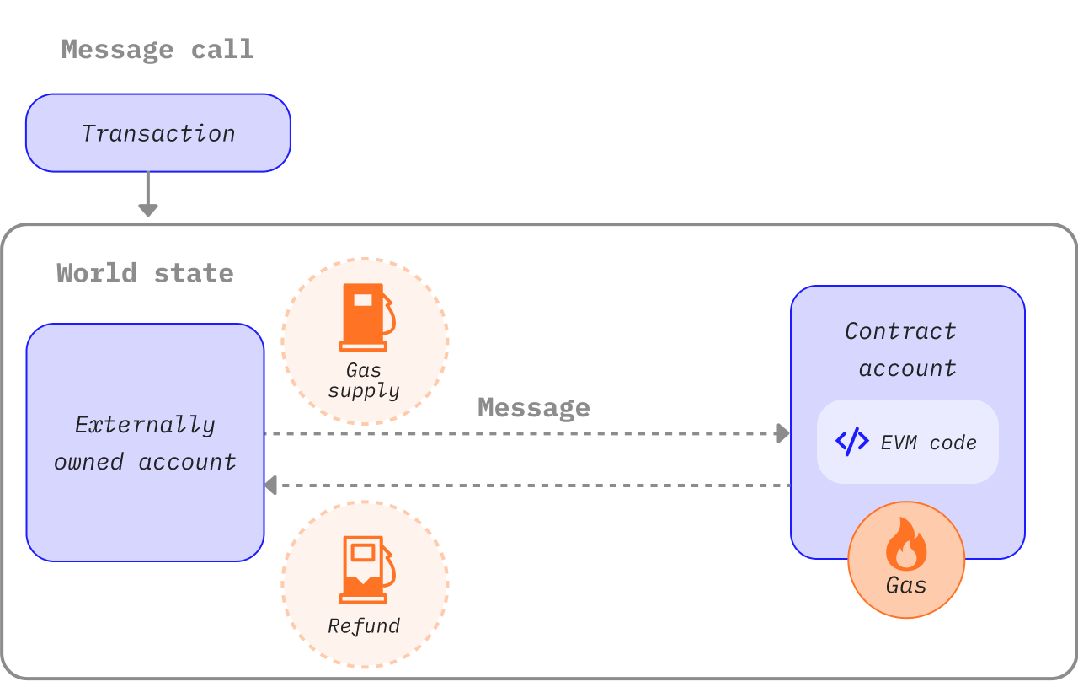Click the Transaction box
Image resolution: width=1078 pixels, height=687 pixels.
coord(158,133)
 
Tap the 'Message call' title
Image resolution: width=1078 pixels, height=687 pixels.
coord(157,49)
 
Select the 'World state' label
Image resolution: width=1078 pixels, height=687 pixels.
coord(145,273)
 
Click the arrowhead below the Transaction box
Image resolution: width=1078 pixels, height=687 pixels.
coord(148,210)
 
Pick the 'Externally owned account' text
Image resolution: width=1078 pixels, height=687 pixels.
coord(145,443)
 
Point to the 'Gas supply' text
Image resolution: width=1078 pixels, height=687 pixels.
coord(364,380)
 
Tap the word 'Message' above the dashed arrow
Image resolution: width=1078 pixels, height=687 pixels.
coord(533,407)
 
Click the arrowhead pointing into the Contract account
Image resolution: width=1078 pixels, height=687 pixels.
coord(783,433)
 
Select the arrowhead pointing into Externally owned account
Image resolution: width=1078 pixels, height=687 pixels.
coord(271,485)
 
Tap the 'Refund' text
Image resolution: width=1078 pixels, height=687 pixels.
coord(364,625)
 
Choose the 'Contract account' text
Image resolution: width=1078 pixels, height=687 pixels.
coord(901,349)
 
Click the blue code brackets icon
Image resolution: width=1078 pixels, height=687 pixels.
coord(851,441)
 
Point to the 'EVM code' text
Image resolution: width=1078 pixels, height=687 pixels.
coord(928,443)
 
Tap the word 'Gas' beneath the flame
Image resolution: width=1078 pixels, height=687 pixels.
coord(906,585)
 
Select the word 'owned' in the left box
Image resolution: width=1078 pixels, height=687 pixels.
coord(89,462)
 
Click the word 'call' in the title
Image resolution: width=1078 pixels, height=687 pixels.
coord(222,49)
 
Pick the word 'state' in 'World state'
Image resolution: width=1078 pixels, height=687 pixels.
coord(194,273)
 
